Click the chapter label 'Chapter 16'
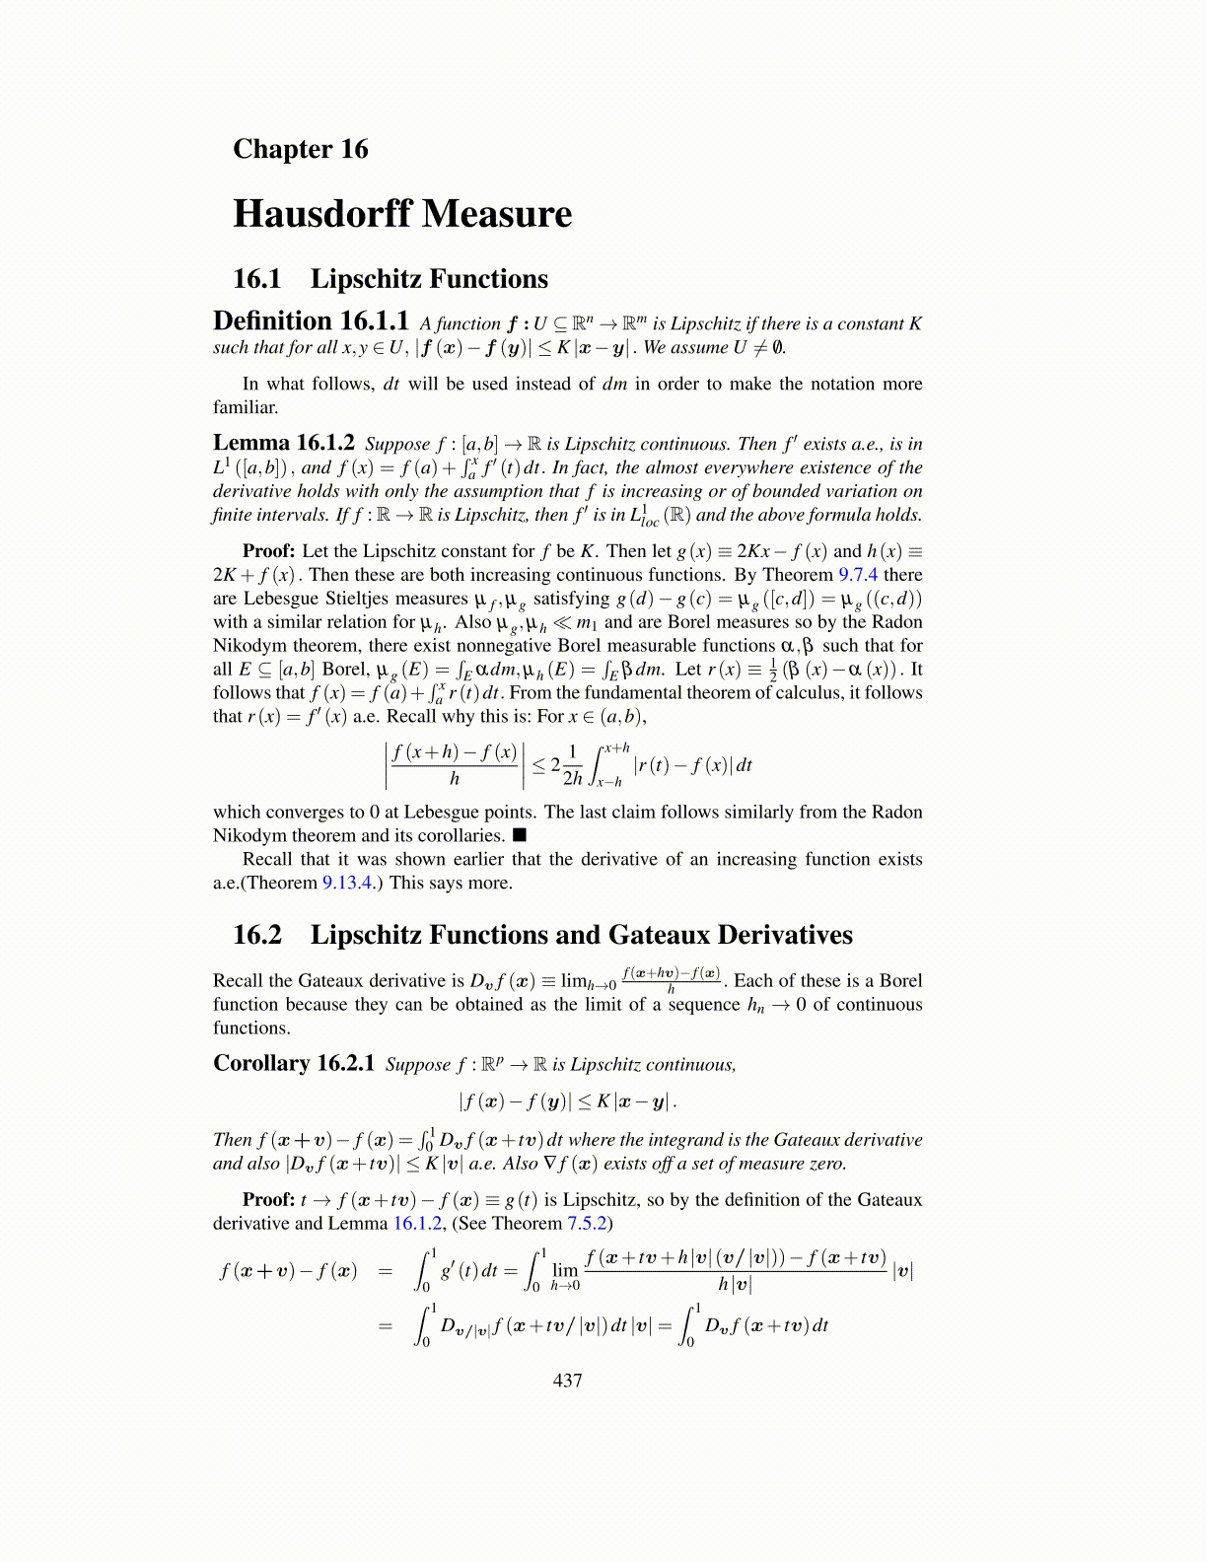tap(300, 149)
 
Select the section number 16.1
tap(256, 279)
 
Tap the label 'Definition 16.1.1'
tap(311, 321)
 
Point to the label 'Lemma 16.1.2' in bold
tap(283, 443)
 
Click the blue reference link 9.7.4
tap(858, 575)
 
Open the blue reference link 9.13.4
tap(347, 883)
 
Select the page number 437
tap(568, 1381)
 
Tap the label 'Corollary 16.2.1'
tap(294, 1063)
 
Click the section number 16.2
tap(256, 935)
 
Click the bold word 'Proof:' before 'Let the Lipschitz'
tap(268, 551)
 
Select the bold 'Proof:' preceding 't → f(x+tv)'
tap(268, 1200)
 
